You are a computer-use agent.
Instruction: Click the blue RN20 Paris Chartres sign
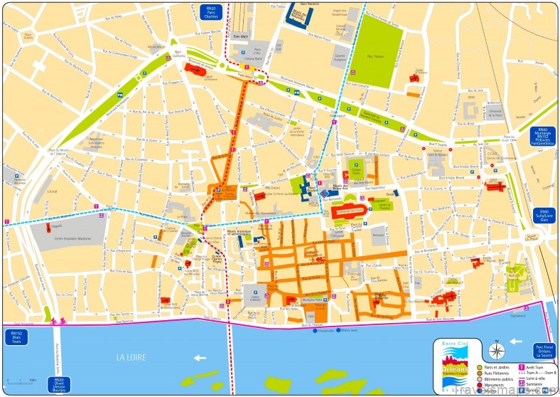pyautogui.click(x=210, y=12)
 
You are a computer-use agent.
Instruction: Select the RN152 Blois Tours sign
pyautogui.click(x=15, y=336)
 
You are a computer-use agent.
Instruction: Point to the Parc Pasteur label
pyautogui.click(x=375, y=54)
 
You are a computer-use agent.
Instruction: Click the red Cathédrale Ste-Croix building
pyautogui.click(x=349, y=211)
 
